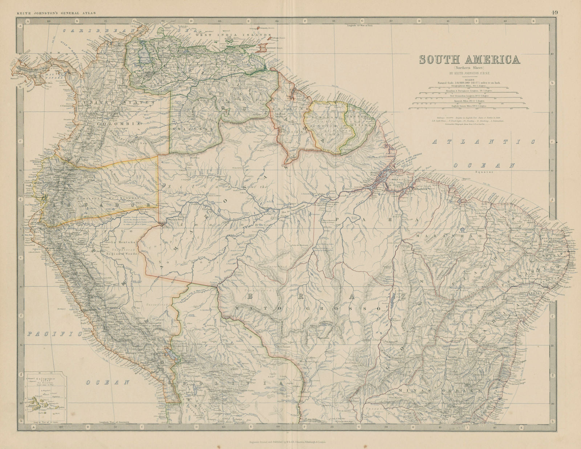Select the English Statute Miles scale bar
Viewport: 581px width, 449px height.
click(468, 108)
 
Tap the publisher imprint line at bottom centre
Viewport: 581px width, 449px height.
click(290, 442)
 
